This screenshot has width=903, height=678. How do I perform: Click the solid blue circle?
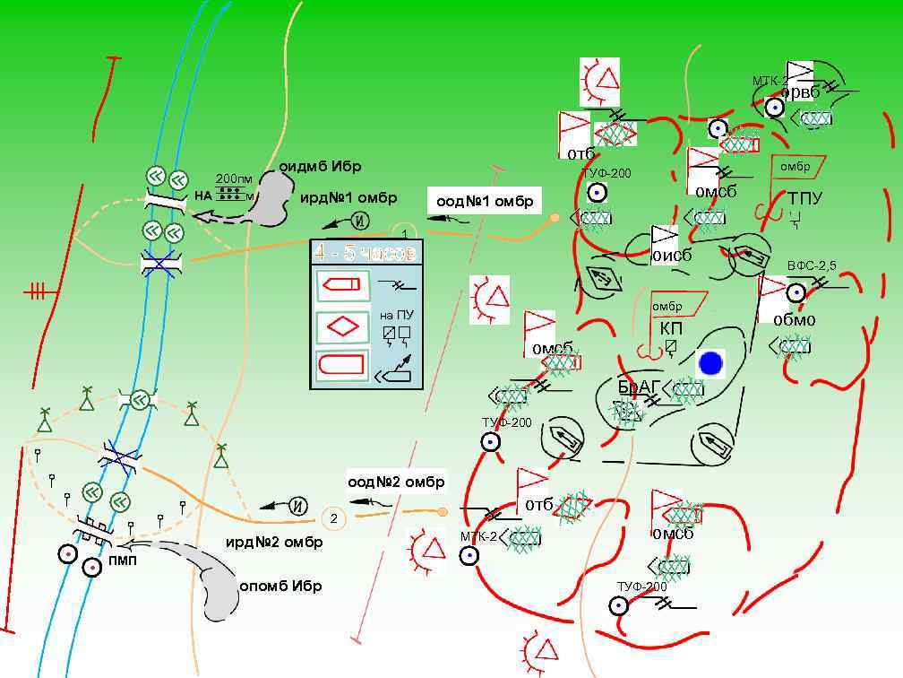pos(710,363)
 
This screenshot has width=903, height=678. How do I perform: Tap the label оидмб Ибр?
pos(320,167)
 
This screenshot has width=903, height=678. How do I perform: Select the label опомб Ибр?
pos(280,586)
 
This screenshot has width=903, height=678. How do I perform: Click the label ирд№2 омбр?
pos(274,542)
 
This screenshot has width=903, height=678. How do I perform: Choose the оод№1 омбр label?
pos(485,202)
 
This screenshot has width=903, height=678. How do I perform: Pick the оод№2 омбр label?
pos(396,482)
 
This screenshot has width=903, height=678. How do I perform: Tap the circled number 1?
pos(405,233)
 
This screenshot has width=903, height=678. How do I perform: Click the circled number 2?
pos(333,518)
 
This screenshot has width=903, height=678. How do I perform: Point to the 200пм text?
pos(234,178)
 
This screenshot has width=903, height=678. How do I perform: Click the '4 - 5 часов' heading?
pos(365,254)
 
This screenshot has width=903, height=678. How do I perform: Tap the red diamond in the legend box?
pos(342,326)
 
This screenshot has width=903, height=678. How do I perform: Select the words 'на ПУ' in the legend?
pos(396,315)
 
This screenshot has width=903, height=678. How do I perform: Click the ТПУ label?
pos(805,197)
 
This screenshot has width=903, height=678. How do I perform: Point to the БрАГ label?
pos(639,387)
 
